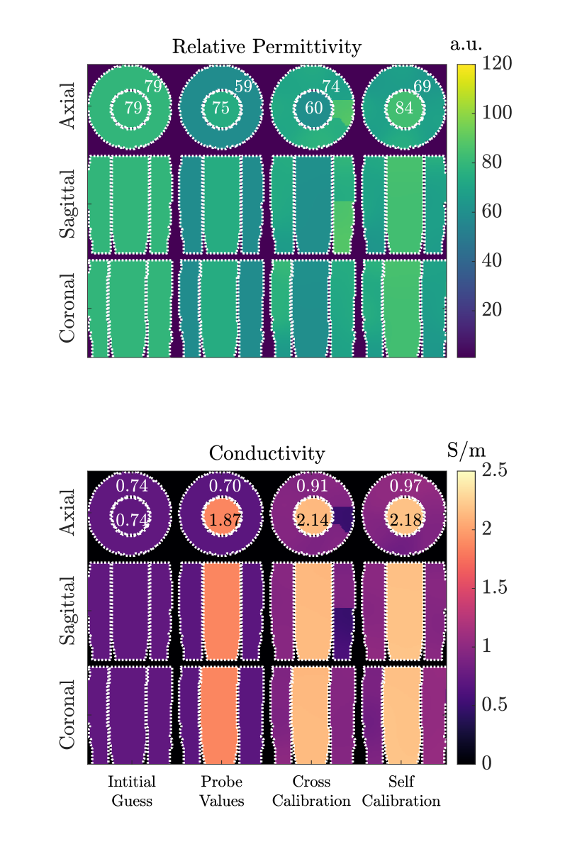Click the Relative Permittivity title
coord(267,47)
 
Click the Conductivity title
coord(267,453)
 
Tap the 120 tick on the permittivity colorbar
coord(498,64)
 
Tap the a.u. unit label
coord(466,44)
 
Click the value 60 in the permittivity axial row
coord(313,109)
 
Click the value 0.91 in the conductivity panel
coord(313,487)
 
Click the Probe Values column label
coord(222,792)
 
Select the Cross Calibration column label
coord(312,792)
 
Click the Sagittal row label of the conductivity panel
coord(67,611)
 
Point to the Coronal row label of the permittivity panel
coord(67,308)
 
